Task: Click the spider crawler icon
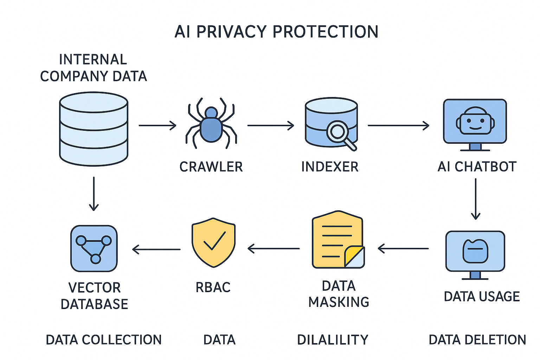pos(211,123)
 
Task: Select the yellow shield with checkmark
pos(213,243)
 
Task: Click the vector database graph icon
pos(94,249)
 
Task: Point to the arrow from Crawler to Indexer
pos(271,126)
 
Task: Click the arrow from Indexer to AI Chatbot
pos(398,126)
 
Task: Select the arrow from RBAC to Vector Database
pos(156,249)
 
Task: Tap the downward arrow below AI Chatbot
pos(476,199)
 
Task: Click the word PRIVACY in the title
pos(231,32)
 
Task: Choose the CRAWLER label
pos(211,167)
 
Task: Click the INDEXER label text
pos(330,167)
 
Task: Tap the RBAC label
pos(213,287)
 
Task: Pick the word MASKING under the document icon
pos(339,302)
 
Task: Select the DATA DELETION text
pos(477,340)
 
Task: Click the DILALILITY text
pos(333,340)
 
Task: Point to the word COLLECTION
pos(122,340)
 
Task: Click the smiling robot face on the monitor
pos(475,120)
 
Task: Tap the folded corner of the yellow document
pos(355,257)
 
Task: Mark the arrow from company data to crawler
pos(157,126)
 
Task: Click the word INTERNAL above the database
pos(93,59)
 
